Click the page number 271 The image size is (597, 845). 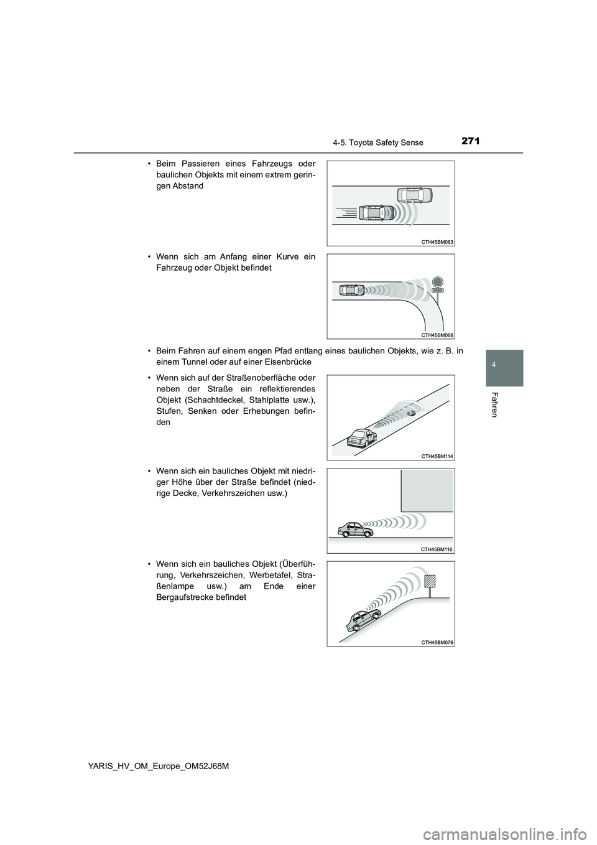[470, 141]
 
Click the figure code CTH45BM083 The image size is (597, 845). [438, 241]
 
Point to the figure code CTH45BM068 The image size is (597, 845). [438, 334]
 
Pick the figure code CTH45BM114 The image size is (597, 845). [438, 456]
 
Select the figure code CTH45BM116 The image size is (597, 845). [438, 549]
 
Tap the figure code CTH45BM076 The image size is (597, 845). [438, 642]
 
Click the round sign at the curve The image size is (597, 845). [437, 281]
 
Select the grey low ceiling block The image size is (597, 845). [427, 490]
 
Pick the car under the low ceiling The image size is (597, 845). [352, 529]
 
